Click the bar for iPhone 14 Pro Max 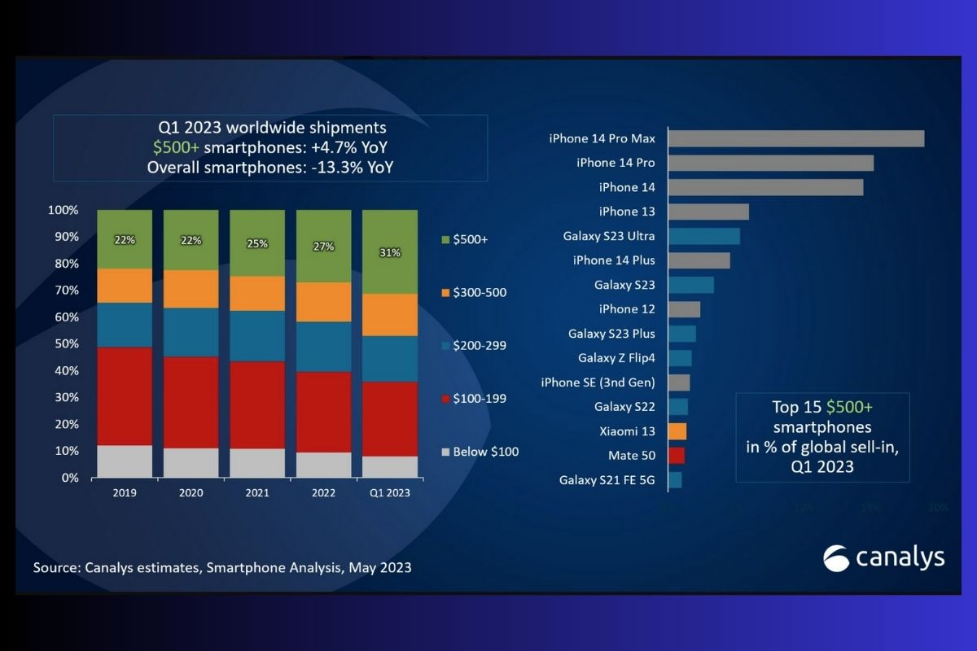[x=795, y=138]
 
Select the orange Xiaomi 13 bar [x=677, y=431]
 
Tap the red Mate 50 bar [x=676, y=456]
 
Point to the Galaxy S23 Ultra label [x=609, y=236]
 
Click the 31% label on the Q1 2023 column [x=390, y=252]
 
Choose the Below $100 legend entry [x=481, y=452]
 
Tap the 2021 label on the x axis [x=257, y=493]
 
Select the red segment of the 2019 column [x=125, y=395]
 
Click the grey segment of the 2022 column [x=324, y=465]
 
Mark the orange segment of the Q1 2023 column [x=390, y=315]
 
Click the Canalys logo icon [x=836, y=557]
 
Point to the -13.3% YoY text [x=353, y=168]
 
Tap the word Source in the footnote [x=55, y=567]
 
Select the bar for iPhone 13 [x=708, y=212]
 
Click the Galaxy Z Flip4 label [x=616, y=358]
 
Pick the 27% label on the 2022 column [x=323, y=247]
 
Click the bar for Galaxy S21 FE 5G [x=674, y=480]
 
